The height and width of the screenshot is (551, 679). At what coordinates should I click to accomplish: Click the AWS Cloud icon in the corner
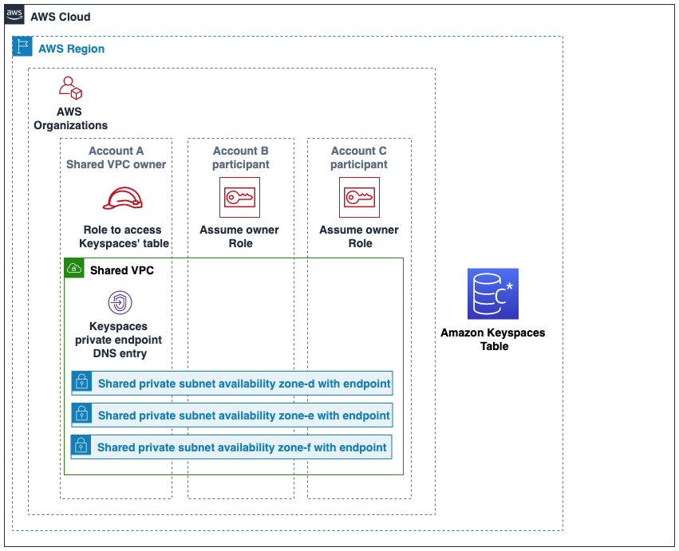14,16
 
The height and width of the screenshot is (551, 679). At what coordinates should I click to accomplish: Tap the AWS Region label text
71,49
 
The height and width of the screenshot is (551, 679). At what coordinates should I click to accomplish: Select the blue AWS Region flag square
22,47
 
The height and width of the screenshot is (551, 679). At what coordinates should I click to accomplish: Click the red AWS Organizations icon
70,88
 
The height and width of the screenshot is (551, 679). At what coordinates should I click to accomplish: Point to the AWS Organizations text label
70,118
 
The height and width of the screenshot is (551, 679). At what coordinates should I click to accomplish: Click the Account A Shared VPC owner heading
116,157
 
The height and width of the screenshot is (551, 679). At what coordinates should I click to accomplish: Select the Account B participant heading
240,157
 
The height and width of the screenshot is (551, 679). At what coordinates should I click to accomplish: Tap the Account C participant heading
359,157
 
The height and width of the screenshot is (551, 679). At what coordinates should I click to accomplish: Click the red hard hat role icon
122,198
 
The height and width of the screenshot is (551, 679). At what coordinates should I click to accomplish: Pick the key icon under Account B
239,197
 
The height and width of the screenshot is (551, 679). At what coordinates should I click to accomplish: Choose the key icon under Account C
359,197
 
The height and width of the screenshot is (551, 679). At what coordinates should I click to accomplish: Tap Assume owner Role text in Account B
239,236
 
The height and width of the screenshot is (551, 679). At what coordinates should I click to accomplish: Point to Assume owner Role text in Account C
359,236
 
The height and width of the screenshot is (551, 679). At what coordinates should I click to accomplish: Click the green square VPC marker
74,268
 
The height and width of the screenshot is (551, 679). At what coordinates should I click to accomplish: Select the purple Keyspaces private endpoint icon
120,302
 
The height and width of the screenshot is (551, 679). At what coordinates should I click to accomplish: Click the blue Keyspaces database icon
492,293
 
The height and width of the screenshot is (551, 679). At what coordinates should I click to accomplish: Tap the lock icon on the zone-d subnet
81,383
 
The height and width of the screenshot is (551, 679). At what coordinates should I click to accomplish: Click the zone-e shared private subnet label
243,415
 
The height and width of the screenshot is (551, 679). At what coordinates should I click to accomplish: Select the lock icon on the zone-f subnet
81,447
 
